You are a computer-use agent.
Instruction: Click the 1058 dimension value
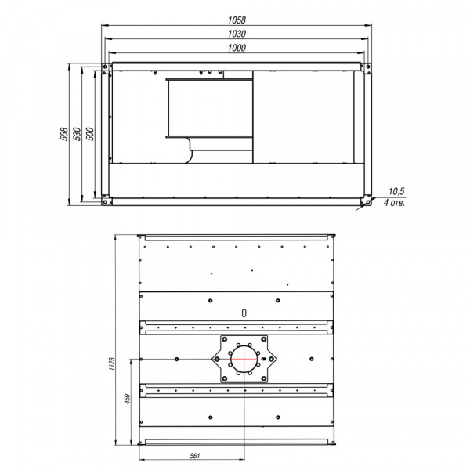(237, 20)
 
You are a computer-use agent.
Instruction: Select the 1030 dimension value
(237, 34)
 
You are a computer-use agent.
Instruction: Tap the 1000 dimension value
(237, 48)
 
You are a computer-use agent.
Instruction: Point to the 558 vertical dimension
(64, 134)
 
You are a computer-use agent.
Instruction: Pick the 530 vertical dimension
(77, 134)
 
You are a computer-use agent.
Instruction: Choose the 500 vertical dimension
(89, 134)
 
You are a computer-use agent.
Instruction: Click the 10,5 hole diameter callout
(396, 191)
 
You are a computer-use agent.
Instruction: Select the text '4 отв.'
(394, 203)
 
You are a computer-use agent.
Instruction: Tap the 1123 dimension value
(112, 364)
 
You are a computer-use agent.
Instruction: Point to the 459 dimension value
(128, 399)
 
